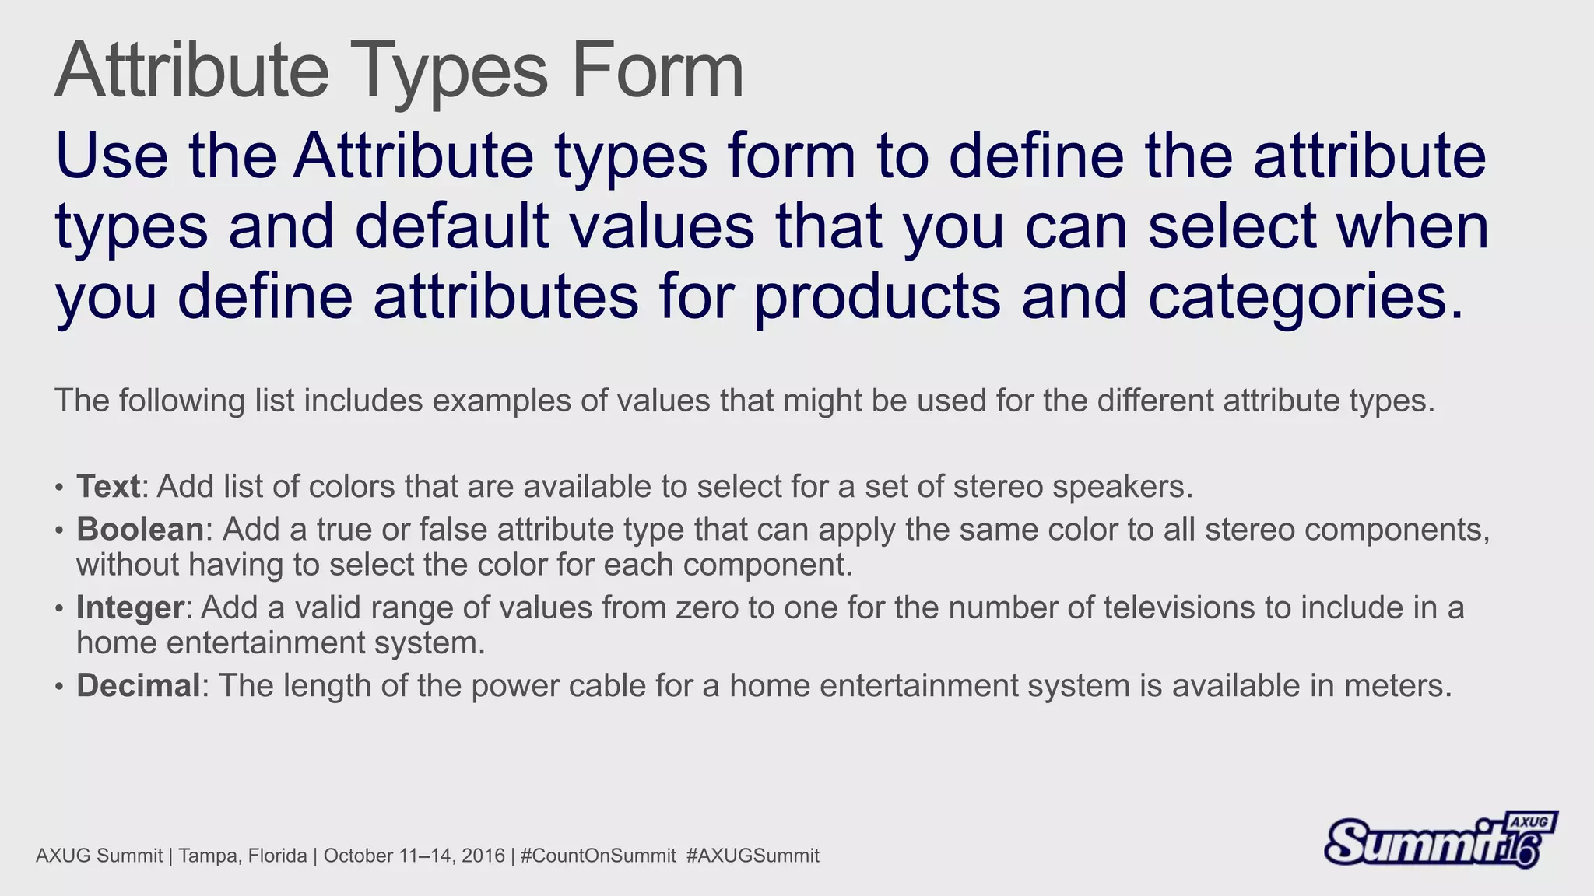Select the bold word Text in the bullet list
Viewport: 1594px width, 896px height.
[x=108, y=487]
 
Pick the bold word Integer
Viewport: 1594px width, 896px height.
[x=130, y=607]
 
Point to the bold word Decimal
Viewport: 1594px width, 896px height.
[x=139, y=686]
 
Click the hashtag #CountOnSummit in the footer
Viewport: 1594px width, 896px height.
[x=598, y=856]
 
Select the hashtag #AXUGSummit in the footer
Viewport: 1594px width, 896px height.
[x=753, y=856]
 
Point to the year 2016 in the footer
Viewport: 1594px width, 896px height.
[x=483, y=856]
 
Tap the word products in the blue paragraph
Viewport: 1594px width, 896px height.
[x=877, y=297]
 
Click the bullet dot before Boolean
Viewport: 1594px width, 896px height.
[x=59, y=531]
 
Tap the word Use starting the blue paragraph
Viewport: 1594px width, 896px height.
[x=111, y=156]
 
